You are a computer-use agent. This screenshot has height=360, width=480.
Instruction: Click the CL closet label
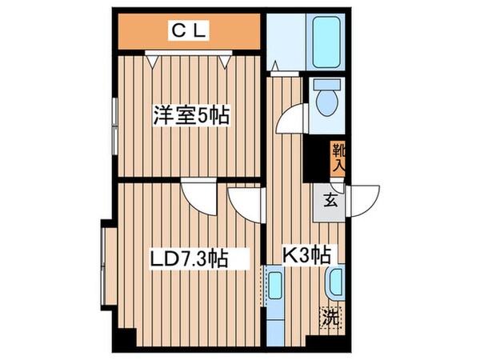[x=189, y=31]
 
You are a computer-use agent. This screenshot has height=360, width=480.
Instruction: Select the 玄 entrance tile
[x=330, y=200]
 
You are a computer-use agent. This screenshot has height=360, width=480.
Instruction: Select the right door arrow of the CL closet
[x=228, y=58]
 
